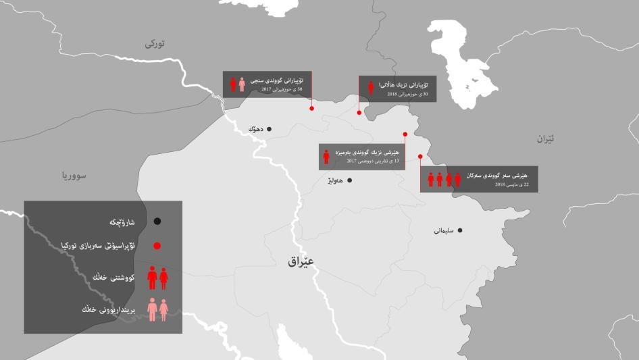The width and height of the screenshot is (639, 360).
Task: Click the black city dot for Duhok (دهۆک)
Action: click(x=269, y=128)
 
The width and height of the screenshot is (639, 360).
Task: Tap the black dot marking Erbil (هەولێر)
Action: click(x=349, y=180)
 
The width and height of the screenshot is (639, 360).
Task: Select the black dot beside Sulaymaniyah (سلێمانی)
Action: click(x=460, y=230)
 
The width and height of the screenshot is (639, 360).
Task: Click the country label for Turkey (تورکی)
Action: click(x=155, y=44)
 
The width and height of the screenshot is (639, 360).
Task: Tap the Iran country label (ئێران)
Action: click(x=545, y=138)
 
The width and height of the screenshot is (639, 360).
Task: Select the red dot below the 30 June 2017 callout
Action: click(x=311, y=108)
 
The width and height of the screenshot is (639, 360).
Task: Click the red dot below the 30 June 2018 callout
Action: click(x=359, y=113)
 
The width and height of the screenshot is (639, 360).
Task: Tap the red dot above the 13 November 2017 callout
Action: click(x=405, y=134)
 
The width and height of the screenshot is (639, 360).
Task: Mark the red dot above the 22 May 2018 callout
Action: click(x=420, y=156)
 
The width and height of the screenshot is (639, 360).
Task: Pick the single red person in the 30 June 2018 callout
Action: click(x=371, y=88)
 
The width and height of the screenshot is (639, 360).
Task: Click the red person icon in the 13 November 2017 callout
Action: click(x=326, y=156)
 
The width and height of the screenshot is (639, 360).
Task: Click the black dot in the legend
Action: click(x=157, y=221)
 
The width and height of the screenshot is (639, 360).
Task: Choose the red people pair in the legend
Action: click(x=157, y=277)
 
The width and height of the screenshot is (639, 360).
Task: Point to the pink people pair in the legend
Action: click(x=157, y=309)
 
